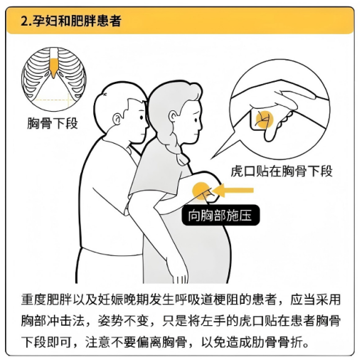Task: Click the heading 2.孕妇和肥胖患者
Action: click(71, 21)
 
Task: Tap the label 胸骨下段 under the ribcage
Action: click(53, 123)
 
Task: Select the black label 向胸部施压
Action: click(220, 215)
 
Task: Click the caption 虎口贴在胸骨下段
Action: click(282, 171)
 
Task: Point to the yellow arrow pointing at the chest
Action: click(233, 190)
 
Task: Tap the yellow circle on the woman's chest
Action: click(201, 191)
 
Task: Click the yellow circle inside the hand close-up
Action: click(264, 120)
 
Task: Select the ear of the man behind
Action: click(117, 119)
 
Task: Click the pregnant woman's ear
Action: click(174, 117)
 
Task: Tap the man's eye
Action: click(142, 117)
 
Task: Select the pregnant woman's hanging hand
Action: click(180, 276)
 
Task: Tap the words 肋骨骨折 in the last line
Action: click(277, 342)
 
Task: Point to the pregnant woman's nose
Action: click(201, 125)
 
